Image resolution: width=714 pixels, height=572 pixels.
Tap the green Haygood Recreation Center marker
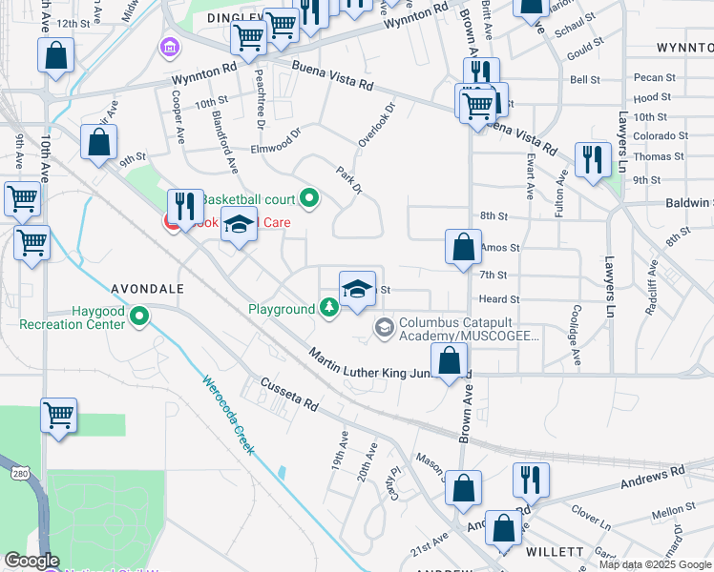(140, 316)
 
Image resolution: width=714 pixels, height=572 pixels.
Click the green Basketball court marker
(308, 198)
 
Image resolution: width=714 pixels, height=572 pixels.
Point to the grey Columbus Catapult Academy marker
(384, 329)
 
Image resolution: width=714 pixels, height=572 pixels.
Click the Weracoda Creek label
(227, 413)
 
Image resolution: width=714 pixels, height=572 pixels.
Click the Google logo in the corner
(31, 561)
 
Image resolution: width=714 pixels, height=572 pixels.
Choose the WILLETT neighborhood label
(555, 552)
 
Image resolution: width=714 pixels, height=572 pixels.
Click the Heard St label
(499, 298)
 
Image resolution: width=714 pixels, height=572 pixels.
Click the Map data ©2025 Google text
(655, 563)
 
